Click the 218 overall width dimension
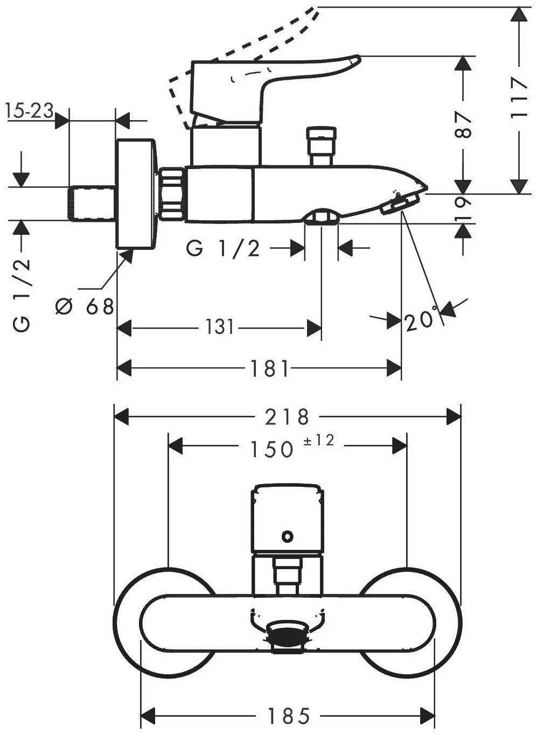[x=287, y=416]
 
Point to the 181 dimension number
[x=270, y=369]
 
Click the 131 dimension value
[x=220, y=326]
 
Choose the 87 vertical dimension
[x=463, y=125]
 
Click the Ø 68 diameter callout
[x=85, y=306]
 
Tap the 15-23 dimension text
[x=30, y=111]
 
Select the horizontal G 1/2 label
[x=224, y=248]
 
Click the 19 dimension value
[x=464, y=208]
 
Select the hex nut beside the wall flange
[x=172, y=193]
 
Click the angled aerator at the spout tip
[x=399, y=205]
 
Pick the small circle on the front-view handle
[x=288, y=536]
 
